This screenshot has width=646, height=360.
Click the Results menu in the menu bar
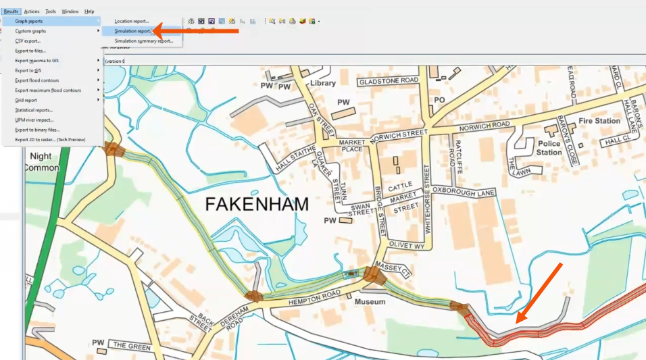[11, 11]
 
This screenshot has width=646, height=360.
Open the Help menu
[89, 11]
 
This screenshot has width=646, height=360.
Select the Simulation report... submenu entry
[133, 31]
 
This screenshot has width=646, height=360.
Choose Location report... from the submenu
[132, 22]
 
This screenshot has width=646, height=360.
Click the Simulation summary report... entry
[143, 41]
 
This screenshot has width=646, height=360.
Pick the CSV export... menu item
[28, 41]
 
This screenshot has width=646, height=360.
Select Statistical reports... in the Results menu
[34, 110]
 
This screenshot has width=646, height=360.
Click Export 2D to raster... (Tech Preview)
[50, 140]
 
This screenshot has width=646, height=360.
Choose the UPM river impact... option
[34, 120]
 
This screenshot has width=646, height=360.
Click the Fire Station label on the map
[599, 121]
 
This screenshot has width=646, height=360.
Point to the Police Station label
[549, 148]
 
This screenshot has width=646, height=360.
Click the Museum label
[370, 302]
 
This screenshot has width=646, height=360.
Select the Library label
[322, 83]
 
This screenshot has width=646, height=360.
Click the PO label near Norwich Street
[440, 100]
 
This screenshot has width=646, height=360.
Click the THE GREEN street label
[129, 345]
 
